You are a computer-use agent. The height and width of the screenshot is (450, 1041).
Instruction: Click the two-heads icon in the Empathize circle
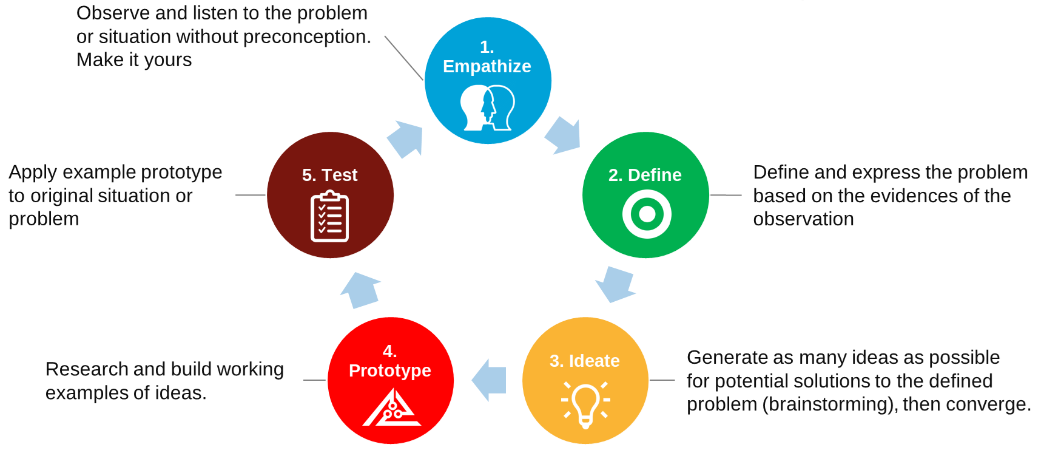(x=487, y=108)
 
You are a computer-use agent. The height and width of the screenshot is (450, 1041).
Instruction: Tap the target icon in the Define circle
(x=647, y=214)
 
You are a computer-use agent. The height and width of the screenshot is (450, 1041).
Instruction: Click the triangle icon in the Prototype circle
(x=392, y=409)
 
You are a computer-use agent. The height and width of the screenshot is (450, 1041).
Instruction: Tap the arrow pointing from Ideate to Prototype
(x=490, y=381)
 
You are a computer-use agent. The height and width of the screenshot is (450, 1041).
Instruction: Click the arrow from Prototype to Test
(x=361, y=290)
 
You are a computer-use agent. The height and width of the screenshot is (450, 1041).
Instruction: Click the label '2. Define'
(x=645, y=175)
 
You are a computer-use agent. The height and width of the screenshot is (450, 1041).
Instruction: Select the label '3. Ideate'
(x=584, y=361)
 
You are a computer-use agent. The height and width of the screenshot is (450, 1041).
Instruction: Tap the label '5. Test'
(x=329, y=175)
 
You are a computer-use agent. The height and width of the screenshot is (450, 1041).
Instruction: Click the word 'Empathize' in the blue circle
(x=487, y=66)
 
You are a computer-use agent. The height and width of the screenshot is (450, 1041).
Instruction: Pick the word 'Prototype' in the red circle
(x=390, y=370)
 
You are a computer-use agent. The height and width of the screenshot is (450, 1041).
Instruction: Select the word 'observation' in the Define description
(x=803, y=219)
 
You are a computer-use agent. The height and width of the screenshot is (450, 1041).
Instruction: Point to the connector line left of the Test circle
(x=250, y=195)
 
